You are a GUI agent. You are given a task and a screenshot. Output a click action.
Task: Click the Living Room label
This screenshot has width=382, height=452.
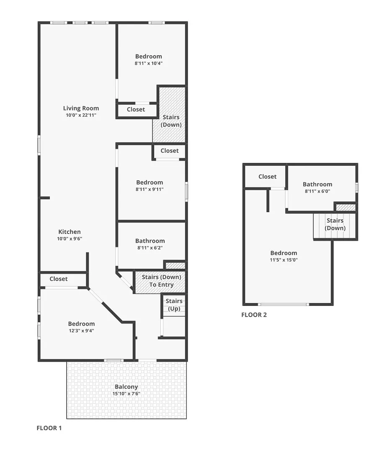(81, 108)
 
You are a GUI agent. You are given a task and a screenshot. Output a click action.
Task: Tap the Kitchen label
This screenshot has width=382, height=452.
(70, 232)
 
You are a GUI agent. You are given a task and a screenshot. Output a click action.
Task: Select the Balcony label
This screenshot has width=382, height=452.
(126, 387)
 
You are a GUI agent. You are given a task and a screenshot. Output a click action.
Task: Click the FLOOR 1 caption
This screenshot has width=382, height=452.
(49, 428)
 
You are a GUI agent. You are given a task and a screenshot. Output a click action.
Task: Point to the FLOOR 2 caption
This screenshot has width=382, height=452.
(254, 315)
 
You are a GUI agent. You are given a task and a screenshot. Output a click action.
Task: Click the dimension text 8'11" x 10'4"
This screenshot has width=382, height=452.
(148, 63)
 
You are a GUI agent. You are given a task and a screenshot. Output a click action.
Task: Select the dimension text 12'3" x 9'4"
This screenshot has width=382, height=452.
(81, 330)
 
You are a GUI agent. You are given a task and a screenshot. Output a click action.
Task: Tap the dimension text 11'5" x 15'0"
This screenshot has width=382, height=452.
(284, 259)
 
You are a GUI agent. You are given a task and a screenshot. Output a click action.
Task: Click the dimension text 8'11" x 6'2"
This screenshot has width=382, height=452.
(150, 247)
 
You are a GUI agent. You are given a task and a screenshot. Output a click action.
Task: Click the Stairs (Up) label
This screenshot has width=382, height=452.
(174, 305)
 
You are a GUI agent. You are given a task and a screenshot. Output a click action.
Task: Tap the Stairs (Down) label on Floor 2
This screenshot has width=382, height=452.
(335, 224)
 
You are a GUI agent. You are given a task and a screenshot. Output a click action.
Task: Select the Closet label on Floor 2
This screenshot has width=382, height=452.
(267, 177)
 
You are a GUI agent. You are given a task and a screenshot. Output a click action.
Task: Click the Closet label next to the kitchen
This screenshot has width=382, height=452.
(58, 279)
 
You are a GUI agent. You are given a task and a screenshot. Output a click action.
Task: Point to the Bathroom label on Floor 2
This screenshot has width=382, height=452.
(317, 184)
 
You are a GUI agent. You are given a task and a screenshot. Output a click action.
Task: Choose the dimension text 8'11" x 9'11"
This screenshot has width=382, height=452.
(150, 189)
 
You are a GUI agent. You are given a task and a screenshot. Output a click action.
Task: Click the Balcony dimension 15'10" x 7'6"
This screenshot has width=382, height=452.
(126, 393)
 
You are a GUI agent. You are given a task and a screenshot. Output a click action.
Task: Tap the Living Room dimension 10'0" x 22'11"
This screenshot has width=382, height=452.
(81, 115)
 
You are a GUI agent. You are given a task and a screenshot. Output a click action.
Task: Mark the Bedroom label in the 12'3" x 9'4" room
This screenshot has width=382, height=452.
(81, 324)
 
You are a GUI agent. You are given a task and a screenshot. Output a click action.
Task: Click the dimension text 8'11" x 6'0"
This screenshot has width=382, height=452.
(317, 191)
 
